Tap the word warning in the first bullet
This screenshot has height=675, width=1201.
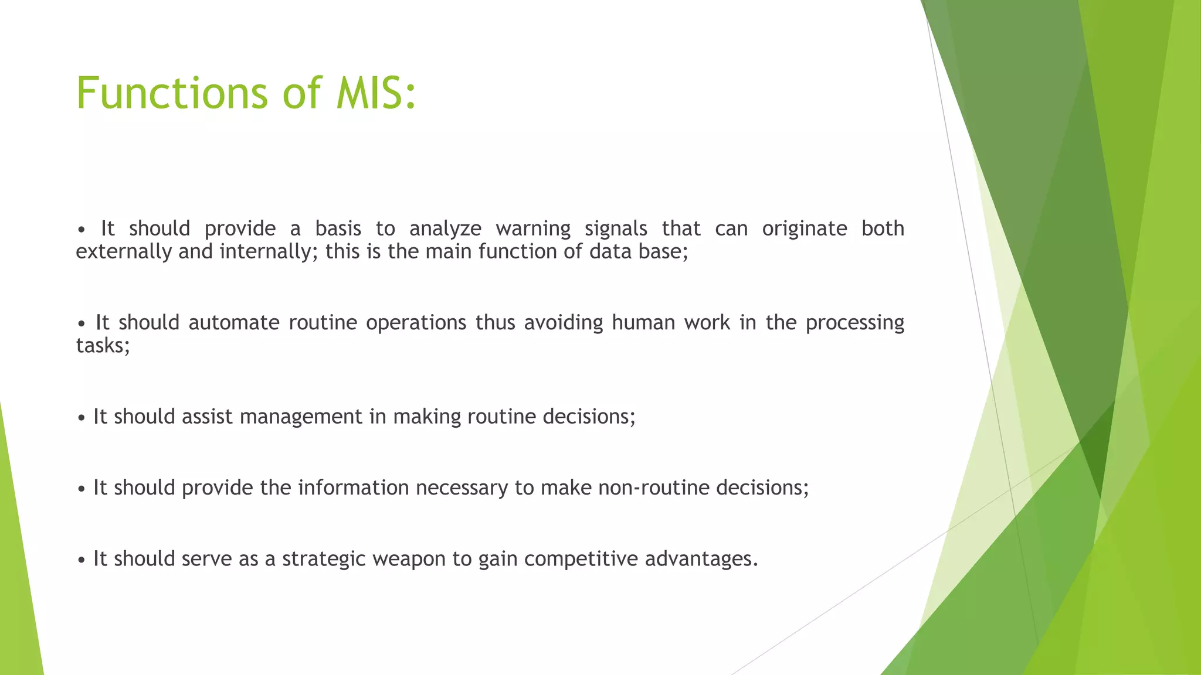click(532, 229)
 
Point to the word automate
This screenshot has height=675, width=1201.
click(234, 323)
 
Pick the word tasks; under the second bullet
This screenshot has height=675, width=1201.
click(103, 346)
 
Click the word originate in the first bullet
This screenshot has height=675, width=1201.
click(805, 229)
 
